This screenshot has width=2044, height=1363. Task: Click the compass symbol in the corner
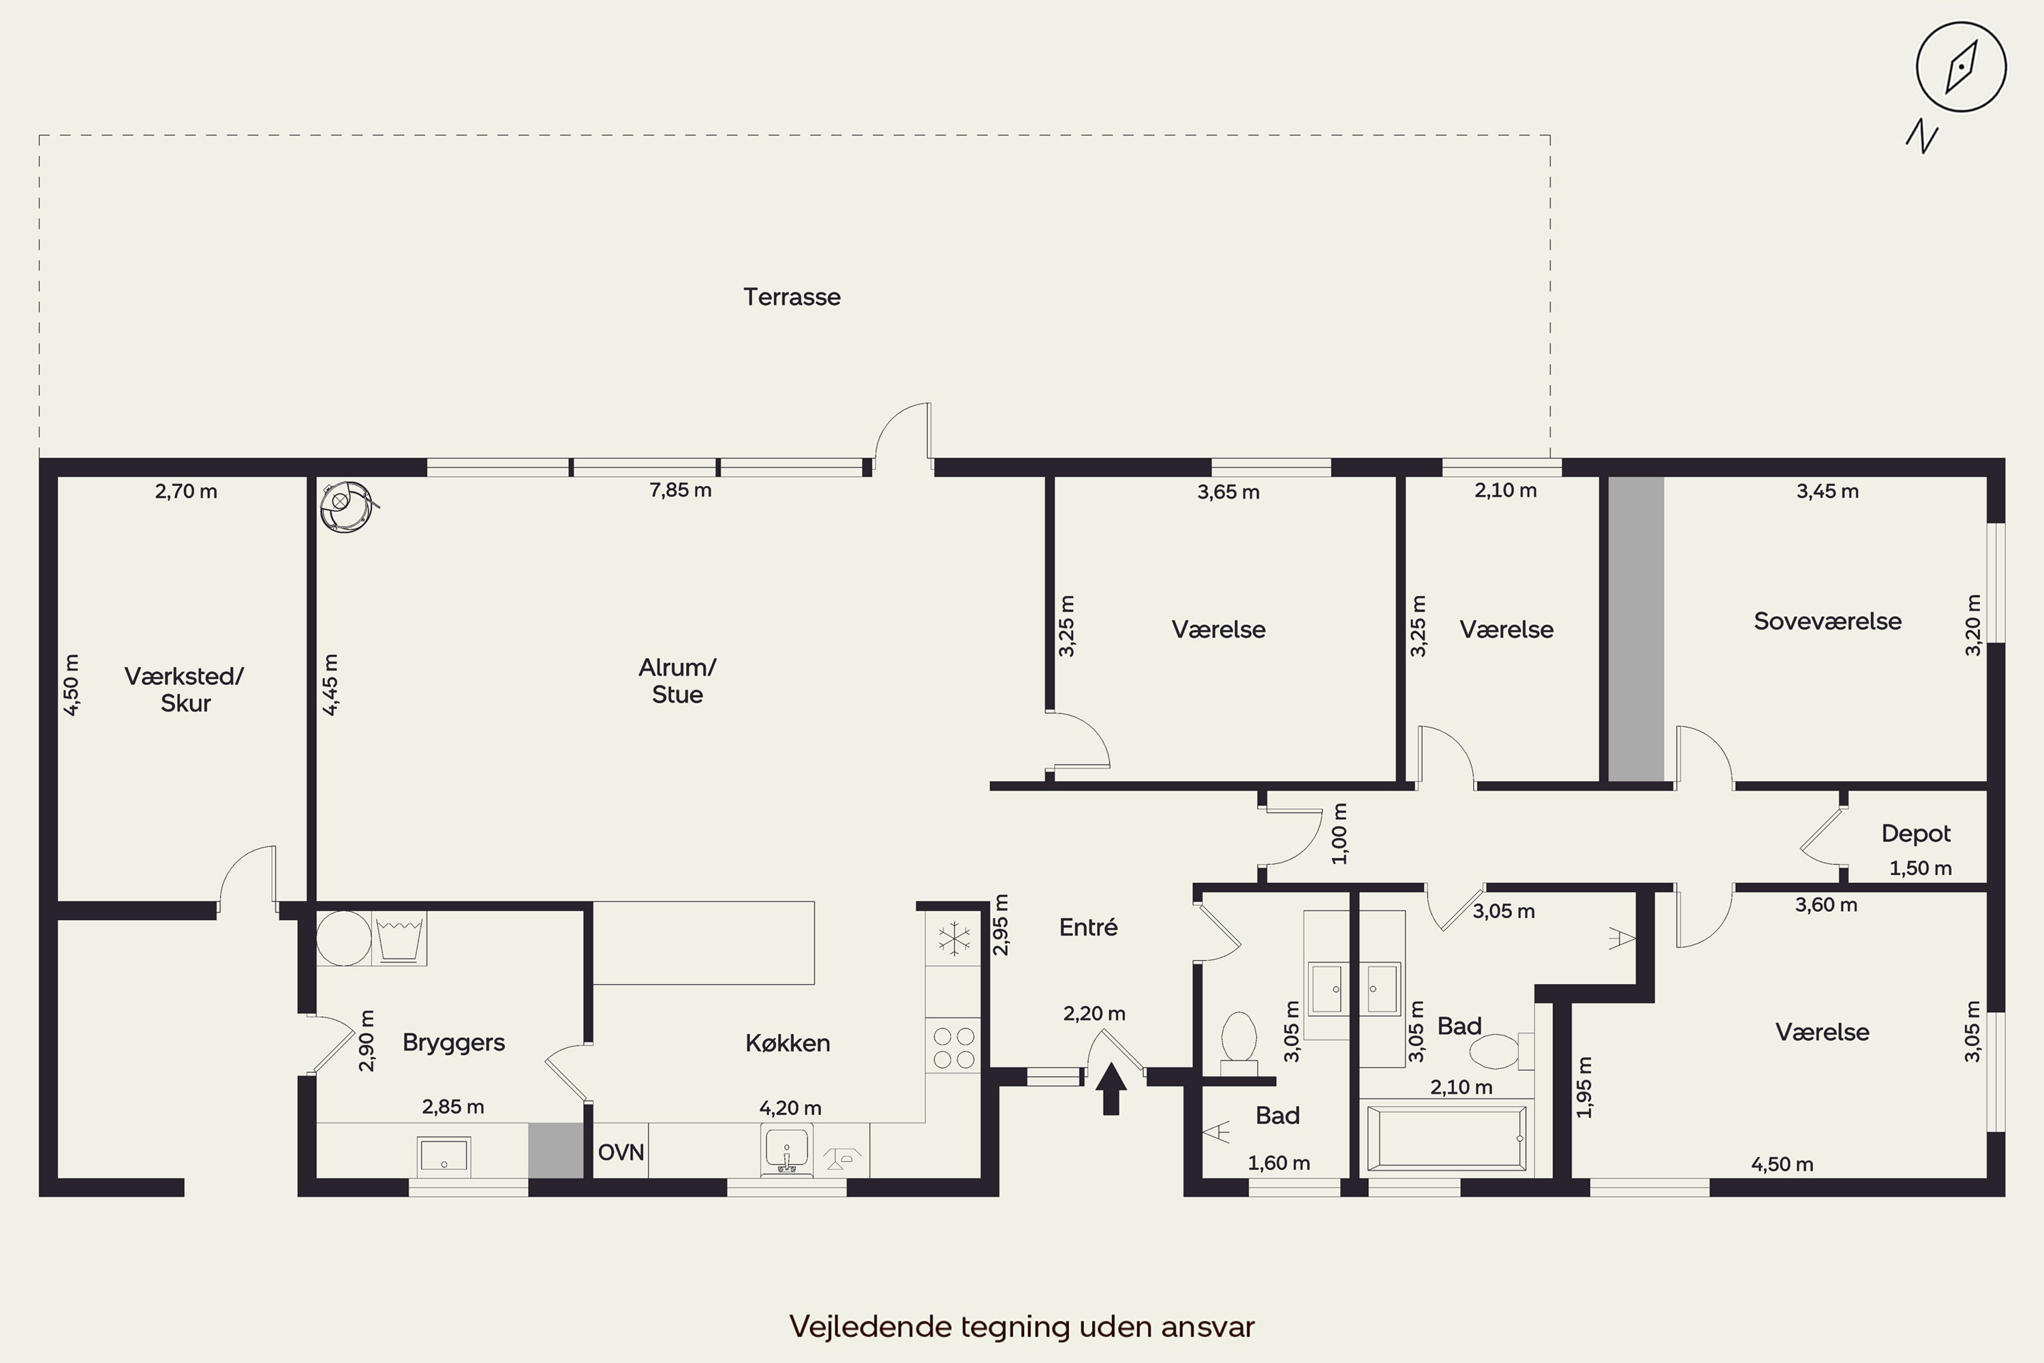pos(1961,67)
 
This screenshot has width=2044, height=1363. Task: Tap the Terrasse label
pos(792,297)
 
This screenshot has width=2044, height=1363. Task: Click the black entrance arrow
pos(1111,1088)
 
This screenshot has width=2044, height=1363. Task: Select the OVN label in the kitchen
pos(621,1152)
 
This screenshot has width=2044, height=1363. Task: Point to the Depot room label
pos(1915,833)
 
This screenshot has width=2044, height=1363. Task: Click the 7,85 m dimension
pos(681,490)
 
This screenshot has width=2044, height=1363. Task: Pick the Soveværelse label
pos(1827,622)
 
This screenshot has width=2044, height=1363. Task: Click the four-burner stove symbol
pos(953,1047)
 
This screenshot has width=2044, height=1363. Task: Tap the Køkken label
pos(788,1043)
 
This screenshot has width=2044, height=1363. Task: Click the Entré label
pos(1088,928)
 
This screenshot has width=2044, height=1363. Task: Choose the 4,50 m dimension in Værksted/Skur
pos(72,685)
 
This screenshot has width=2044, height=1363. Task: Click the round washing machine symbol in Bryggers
pos(344,938)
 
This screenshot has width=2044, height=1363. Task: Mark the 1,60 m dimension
pos(1278,1163)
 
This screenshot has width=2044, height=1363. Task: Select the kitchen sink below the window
pos(786,1151)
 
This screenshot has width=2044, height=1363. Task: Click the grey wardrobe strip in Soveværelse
pos(1636,628)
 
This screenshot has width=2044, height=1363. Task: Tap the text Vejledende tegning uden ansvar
pos(1022,1326)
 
